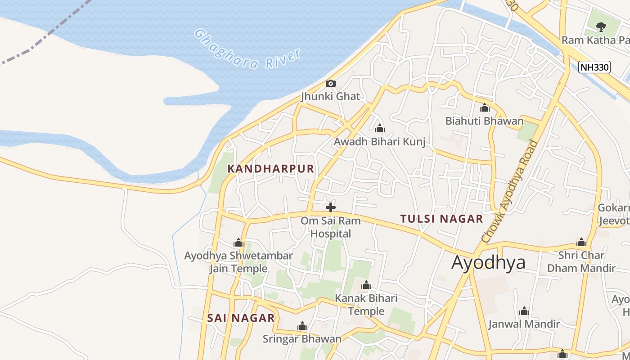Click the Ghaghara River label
tap(247, 49)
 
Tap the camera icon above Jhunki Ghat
tap(331, 83)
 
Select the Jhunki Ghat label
tap(331, 96)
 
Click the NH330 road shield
tap(594, 67)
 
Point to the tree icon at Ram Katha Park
tap(601, 27)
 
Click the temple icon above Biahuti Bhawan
tap(485, 108)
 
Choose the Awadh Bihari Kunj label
tap(379, 142)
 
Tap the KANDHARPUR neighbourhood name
tap(270, 169)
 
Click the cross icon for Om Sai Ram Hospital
tap(331, 207)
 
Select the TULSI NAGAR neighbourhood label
tap(441, 219)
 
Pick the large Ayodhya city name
tap(488, 262)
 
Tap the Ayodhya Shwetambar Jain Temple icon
tap(238, 243)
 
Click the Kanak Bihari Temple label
tap(366, 305)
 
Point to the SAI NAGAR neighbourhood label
tap(241, 318)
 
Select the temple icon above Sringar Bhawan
tap(302, 326)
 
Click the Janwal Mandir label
tap(524, 324)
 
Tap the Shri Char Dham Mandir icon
tap(581, 243)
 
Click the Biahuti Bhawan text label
tap(485, 121)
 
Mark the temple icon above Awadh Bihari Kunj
tap(380, 129)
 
